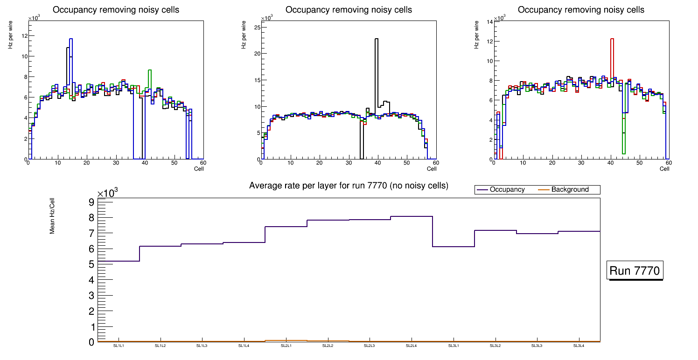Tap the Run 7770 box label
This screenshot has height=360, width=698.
coord(635,271)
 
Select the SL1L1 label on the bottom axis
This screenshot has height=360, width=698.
coord(119,346)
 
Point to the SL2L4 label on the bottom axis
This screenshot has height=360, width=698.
coord(411,346)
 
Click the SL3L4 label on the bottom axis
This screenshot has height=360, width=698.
coord(579,346)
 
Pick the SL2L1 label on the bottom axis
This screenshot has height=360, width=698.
coord(286,346)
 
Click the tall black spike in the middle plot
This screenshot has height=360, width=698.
coord(376,39)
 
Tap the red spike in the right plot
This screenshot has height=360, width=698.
coord(612,39)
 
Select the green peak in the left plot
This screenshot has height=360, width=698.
coord(150,70)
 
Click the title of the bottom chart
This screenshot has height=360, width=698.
coord(349,186)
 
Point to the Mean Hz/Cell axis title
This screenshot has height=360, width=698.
coord(53,215)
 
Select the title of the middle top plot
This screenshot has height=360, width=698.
coord(349,10)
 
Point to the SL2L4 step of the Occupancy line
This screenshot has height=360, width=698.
coord(412,216)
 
